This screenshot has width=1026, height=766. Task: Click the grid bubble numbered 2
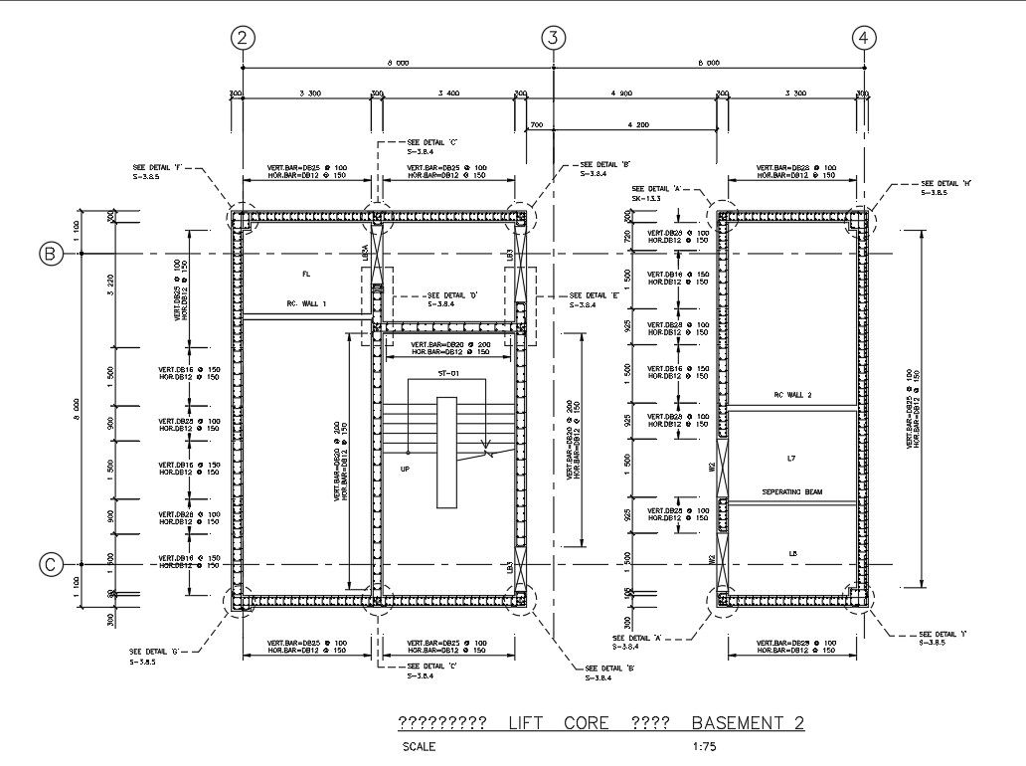pos(243,38)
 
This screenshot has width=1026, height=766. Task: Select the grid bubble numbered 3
pos(553,38)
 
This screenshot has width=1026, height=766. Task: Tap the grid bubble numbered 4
pos(864,38)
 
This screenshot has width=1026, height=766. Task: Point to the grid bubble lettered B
pos(51,255)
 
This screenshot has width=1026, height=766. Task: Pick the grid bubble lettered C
pos(51,565)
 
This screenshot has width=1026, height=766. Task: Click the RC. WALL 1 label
pos(306,303)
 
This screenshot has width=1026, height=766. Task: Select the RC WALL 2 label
pos(792,395)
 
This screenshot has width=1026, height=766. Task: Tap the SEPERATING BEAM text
pos(792,492)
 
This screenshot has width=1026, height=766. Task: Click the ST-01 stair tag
pos(447,373)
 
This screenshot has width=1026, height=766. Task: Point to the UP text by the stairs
pos(405,469)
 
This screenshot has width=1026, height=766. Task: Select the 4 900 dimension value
pos(619,94)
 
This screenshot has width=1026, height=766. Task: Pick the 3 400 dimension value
pos(447,94)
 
